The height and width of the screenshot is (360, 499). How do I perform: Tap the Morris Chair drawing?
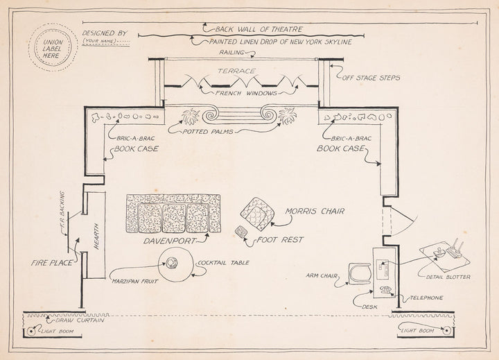coord(257,214)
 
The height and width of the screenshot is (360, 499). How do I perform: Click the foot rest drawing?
coord(242,232)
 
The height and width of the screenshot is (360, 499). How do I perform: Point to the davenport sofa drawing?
coord(173,214)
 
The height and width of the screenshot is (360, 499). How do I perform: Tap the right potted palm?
coord(286,116)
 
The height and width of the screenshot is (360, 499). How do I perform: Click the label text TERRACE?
coord(237,71)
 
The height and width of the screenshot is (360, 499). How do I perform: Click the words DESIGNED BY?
coord(105,32)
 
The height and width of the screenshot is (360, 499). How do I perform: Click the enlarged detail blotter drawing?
coord(446,250)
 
